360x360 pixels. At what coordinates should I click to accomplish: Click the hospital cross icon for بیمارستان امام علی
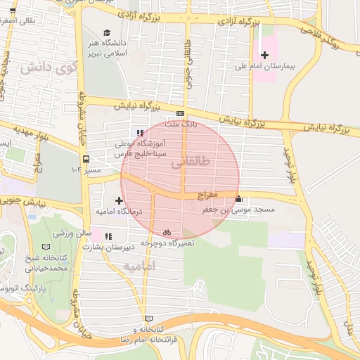point(264,55)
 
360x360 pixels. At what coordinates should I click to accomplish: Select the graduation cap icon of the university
point(107,32)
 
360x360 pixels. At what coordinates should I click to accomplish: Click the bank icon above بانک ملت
point(181,113)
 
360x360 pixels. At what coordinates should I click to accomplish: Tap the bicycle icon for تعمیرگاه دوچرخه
point(167,231)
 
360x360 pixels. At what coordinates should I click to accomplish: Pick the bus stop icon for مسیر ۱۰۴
point(86,159)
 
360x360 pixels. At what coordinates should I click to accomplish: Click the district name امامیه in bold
point(138,267)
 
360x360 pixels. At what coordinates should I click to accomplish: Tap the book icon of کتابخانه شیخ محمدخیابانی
point(46,247)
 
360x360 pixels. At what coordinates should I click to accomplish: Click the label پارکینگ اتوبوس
point(21,288)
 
